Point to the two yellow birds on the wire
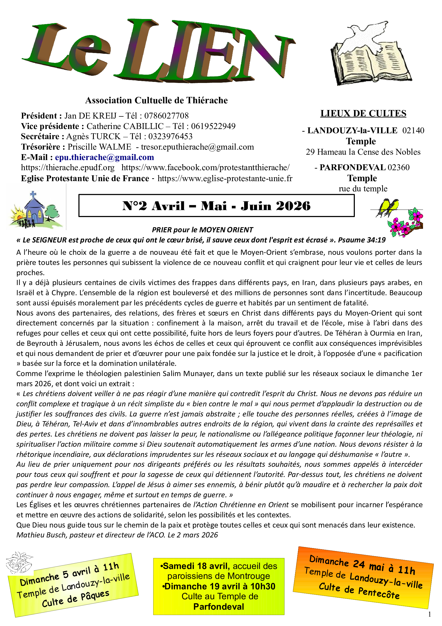[x=388, y=207]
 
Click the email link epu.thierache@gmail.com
[x=104, y=157]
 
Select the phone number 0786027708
[x=166, y=116]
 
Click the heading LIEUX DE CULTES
[x=363, y=113]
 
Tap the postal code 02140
[x=413, y=130]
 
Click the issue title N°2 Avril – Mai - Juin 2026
[x=216, y=206]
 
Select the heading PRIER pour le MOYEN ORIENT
[x=202, y=230]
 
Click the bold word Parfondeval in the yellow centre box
[x=219, y=607]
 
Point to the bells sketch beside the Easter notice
[x=19, y=563]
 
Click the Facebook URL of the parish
[x=205, y=167]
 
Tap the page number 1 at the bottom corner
[x=430, y=614]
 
